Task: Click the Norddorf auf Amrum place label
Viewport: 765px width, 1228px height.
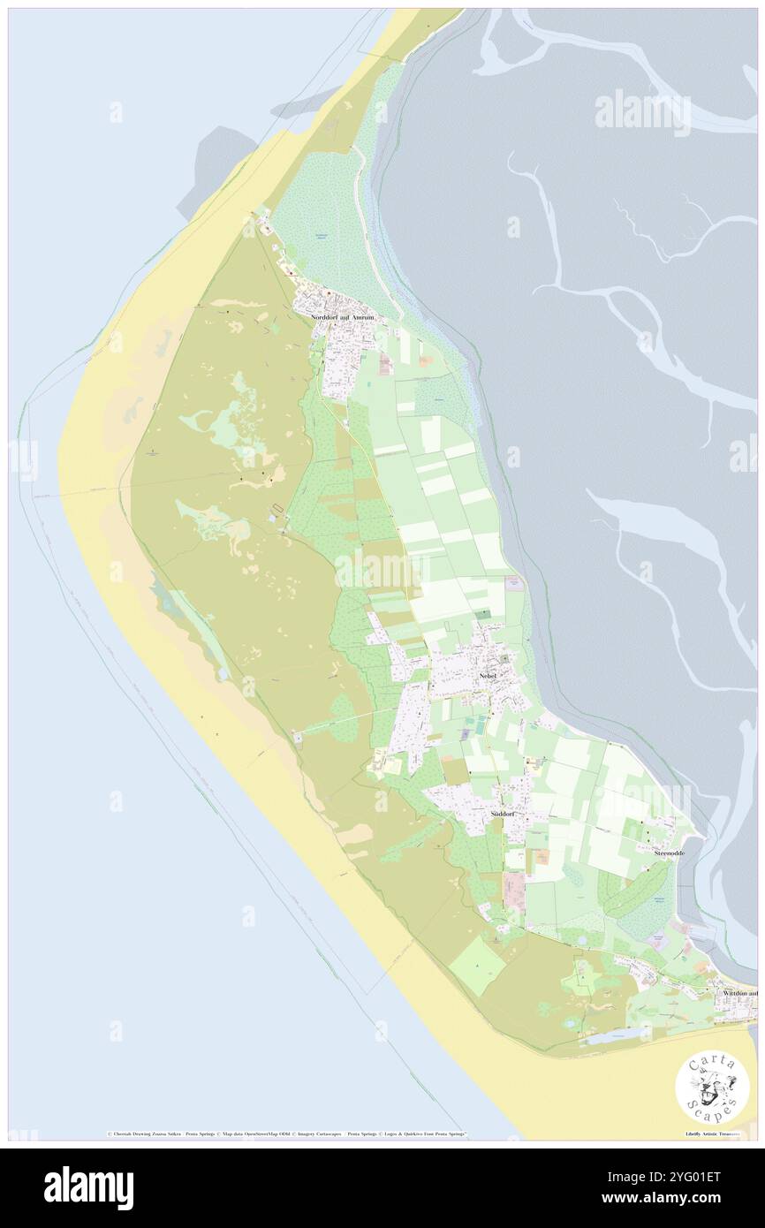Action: tap(344, 316)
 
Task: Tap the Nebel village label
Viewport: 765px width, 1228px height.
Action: tap(488, 676)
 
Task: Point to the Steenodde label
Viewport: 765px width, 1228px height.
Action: tap(670, 853)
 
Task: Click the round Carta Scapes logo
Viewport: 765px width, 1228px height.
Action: tap(712, 1088)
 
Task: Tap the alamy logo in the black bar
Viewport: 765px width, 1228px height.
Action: tap(88, 1187)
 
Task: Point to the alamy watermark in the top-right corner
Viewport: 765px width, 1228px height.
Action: tap(642, 112)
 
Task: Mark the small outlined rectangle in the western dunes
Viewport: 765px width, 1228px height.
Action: tap(280, 507)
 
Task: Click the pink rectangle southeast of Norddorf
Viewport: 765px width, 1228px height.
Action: tap(386, 364)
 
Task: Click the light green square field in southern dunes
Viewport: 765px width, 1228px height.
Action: tap(478, 965)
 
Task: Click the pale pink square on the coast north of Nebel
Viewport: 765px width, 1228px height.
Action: tap(513, 583)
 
